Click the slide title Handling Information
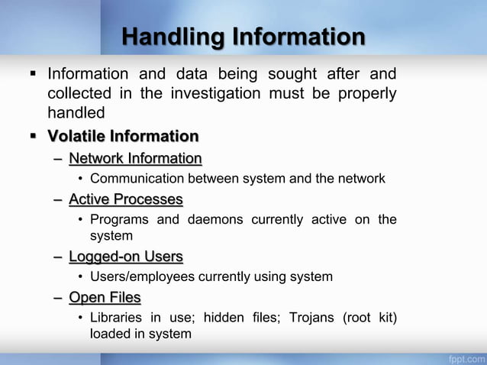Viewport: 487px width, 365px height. click(243, 37)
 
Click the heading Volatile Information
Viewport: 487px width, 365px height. click(123, 137)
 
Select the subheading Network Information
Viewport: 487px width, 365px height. click(135, 159)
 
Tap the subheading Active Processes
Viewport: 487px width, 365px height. click(126, 200)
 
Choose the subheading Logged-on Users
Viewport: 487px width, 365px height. click(126, 257)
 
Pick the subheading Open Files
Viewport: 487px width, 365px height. click(105, 297)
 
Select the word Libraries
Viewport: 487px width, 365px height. click(118, 317)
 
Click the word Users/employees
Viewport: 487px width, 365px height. click(143, 276)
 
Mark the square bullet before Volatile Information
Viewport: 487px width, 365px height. click(33, 137)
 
